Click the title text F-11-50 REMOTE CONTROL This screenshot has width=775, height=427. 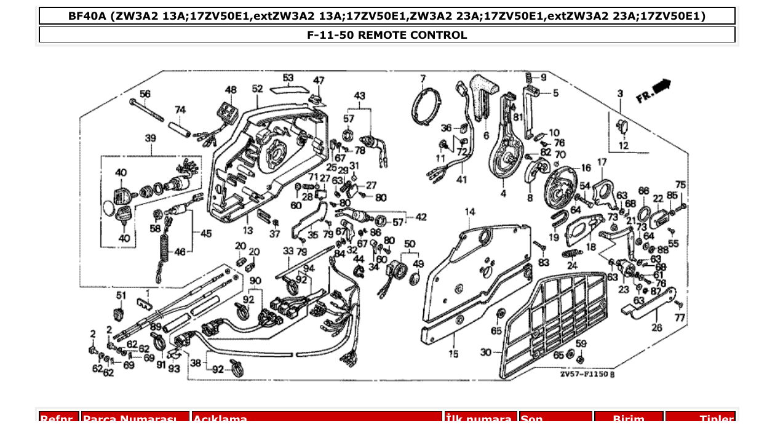[x=387, y=35]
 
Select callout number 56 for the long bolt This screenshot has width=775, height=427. [x=145, y=94]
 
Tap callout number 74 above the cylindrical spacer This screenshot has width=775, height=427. [x=180, y=110]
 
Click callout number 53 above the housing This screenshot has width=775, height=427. [x=288, y=78]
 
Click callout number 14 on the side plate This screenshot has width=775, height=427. [x=470, y=212]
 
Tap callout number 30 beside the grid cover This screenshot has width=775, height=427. [x=486, y=352]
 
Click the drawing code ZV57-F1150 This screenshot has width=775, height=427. [x=587, y=373]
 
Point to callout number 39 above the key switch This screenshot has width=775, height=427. [x=150, y=138]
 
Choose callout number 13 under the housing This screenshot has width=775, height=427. [x=247, y=231]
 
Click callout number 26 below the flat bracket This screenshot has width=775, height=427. [x=657, y=328]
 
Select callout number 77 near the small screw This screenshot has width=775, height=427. [x=679, y=318]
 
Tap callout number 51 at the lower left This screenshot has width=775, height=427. [x=121, y=295]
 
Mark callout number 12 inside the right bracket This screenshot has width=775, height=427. [x=624, y=146]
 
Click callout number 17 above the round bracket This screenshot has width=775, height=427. [x=602, y=162]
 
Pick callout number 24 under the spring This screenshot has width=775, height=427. [x=572, y=266]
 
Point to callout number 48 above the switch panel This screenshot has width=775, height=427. [x=230, y=90]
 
